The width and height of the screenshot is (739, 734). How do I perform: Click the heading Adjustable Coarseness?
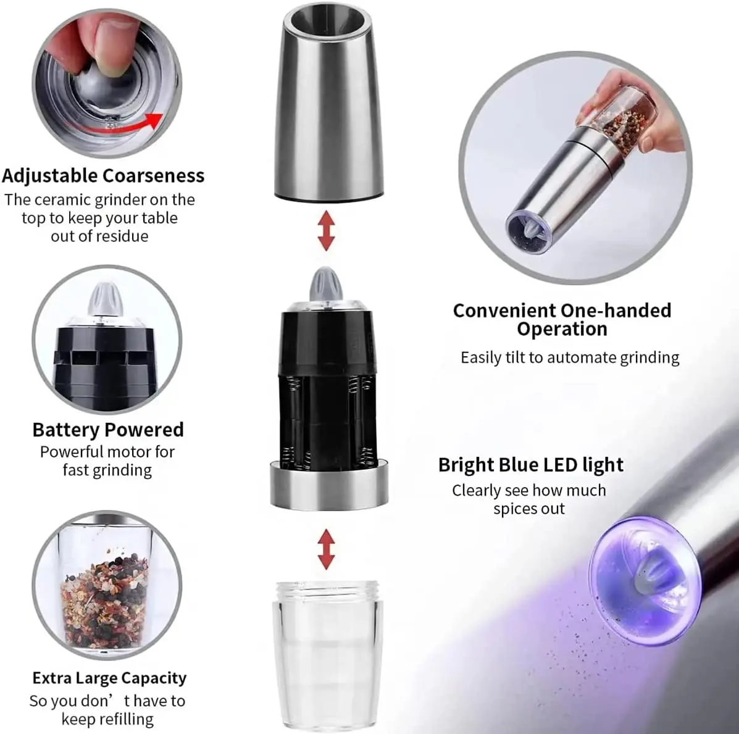pyautogui.click(x=103, y=175)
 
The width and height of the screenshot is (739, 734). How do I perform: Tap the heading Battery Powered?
pyautogui.click(x=108, y=430)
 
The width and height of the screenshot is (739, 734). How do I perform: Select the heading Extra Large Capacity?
pyautogui.click(x=109, y=678)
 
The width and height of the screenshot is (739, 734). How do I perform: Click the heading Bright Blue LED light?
pyautogui.click(x=531, y=465)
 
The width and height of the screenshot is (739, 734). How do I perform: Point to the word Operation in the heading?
pyautogui.click(x=562, y=329)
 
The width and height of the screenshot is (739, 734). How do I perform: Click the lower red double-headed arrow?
pyautogui.click(x=326, y=550)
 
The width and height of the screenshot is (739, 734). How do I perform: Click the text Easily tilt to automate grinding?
pyautogui.click(x=569, y=358)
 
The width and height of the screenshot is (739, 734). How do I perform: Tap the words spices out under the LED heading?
pyautogui.click(x=528, y=509)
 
